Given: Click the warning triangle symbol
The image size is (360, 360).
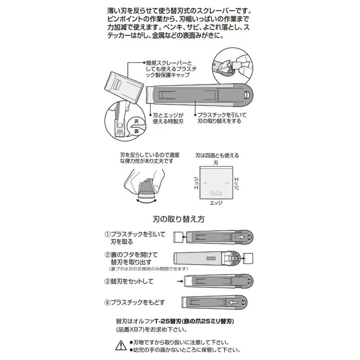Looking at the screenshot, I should click(x=120, y=345).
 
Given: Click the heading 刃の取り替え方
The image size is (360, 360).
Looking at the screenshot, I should click(x=179, y=220).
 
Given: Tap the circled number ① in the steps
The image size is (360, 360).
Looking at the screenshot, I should click(x=108, y=234).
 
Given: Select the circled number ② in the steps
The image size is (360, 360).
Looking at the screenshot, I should click(x=108, y=254).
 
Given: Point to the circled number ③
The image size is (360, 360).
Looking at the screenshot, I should click(x=108, y=282).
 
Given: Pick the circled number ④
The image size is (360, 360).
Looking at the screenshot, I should click(x=108, y=301).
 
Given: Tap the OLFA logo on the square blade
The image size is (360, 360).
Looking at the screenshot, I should click(x=216, y=190).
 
